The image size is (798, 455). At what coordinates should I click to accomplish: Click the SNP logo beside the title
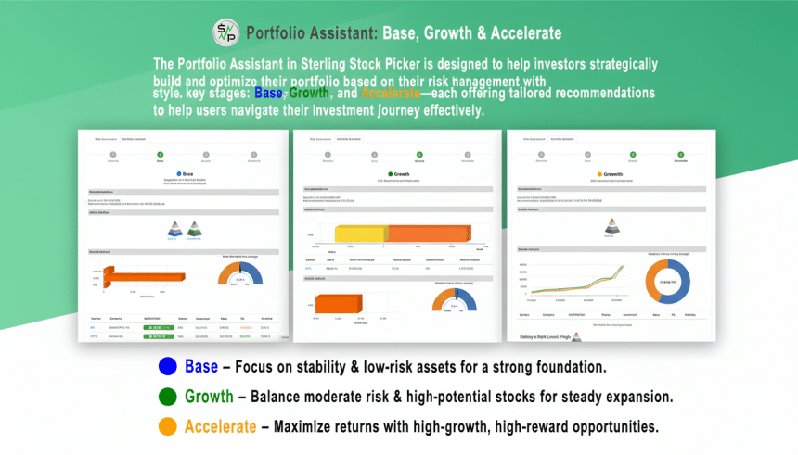tap(225, 32)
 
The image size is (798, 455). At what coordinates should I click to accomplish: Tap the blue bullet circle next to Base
tap(168, 367)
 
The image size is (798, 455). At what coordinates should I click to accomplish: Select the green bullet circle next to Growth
tap(168, 397)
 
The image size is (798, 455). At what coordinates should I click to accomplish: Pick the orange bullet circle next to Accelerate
tap(168, 427)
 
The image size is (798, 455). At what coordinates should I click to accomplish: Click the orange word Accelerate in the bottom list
tap(220, 427)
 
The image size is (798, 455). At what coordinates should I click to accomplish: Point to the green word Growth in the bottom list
tap(209, 397)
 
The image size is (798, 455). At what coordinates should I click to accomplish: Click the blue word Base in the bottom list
tap(201, 367)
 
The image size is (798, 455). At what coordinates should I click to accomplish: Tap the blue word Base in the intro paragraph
tap(268, 95)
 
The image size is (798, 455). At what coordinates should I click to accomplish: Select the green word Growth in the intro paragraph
tap(309, 95)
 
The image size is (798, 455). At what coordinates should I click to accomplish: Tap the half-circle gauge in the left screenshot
tap(240, 275)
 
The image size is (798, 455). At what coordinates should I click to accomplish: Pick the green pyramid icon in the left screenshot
tap(194, 229)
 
